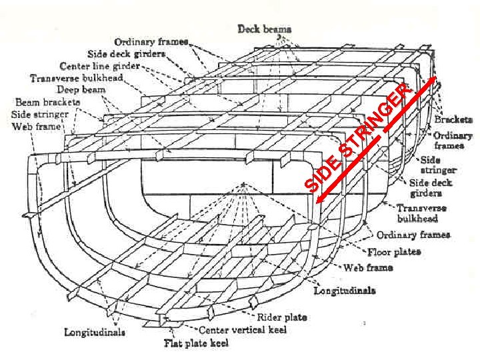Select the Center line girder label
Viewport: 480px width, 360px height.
click(99, 67)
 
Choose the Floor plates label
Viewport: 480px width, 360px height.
click(394, 252)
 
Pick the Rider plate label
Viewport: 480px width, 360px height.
click(282, 317)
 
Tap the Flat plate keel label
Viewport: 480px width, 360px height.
click(196, 343)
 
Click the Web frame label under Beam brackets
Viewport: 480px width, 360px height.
click(36, 126)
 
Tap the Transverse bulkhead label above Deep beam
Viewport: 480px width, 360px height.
click(76, 78)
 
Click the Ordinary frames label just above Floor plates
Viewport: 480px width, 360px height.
click(413, 235)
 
